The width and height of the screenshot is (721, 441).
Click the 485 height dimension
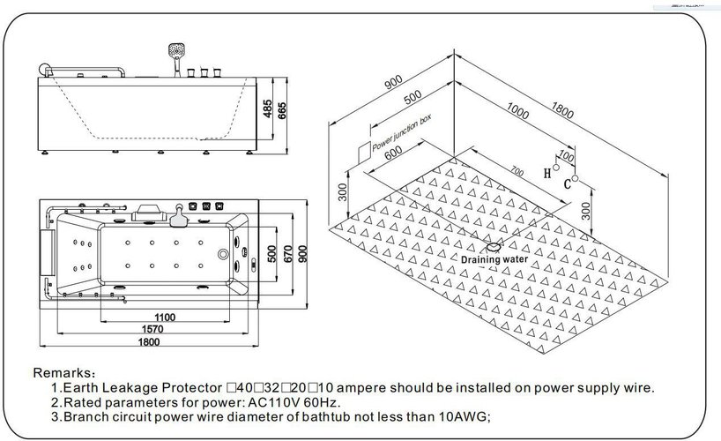pyautogui.click(x=267, y=108)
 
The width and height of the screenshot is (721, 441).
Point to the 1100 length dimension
pyautogui.click(x=164, y=317)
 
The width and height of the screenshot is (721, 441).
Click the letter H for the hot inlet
pyautogui.click(x=548, y=172)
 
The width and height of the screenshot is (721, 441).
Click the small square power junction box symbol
pyautogui.click(x=362, y=152)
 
